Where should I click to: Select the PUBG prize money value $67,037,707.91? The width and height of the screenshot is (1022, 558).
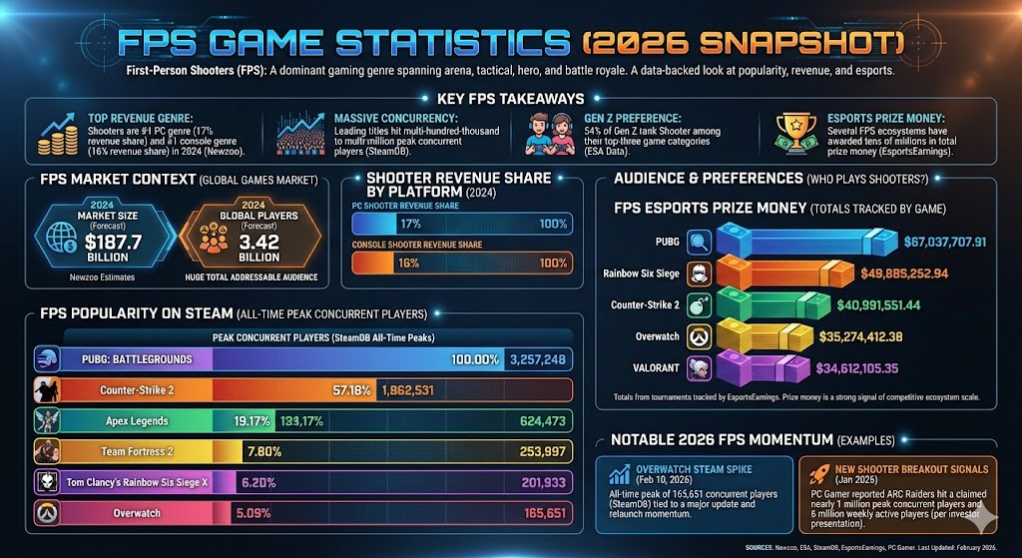(x=929, y=241)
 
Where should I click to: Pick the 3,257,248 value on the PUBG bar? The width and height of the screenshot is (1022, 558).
(x=538, y=359)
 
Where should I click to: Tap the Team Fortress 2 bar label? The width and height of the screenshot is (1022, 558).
(x=138, y=452)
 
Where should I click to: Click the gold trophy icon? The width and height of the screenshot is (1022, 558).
(x=795, y=130)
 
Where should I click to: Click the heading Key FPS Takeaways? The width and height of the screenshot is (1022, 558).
(x=510, y=99)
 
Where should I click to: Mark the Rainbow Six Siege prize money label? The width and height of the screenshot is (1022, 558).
(x=654, y=274)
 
